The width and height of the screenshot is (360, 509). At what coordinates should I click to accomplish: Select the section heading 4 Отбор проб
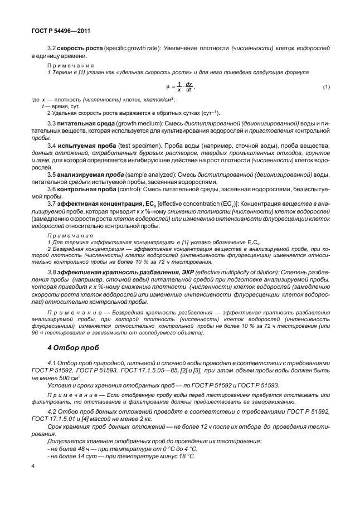click(74, 347)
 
